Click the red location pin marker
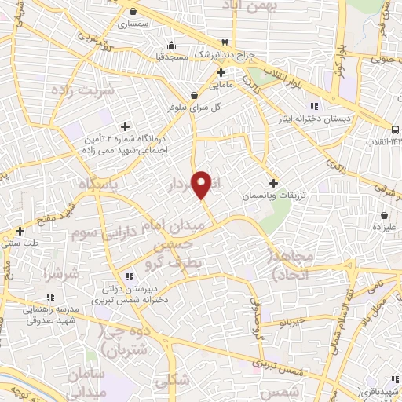tap(202, 185)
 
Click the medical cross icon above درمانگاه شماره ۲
tap(124, 126)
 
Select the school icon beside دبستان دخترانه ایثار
tap(314, 106)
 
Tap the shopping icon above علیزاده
tap(384, 214)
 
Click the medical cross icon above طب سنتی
tap(20, 231)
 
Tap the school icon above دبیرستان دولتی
tap(130, 275)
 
